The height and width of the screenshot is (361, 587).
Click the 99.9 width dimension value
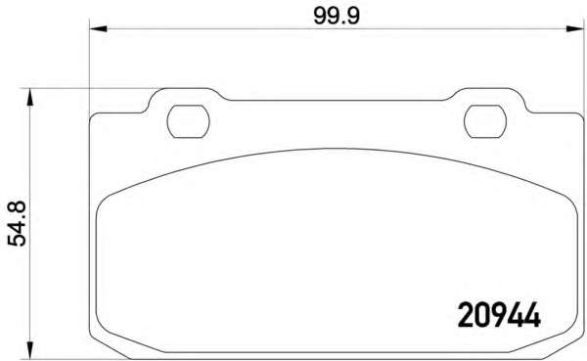pyautogui.click(x=337, y=16)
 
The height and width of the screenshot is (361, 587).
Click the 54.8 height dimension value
pyautogui.click(x=17, y=223)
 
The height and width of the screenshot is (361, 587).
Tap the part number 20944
pyautogui.click(x=499, y=315)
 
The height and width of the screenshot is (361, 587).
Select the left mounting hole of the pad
pyautogui.click(x=188, y=121)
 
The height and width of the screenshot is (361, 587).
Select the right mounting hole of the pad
pyautogui.click(x=485, y=121)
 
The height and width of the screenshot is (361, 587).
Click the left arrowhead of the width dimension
pyautogui.click(x=99, y=28)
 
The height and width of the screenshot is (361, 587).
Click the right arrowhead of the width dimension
pyautogui.click(x=575, y=28)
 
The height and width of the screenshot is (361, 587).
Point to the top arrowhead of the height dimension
pyautogui.click(x=29, y=97)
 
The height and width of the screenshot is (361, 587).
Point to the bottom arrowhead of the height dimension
pyautogui.click(x=29, y=350)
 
